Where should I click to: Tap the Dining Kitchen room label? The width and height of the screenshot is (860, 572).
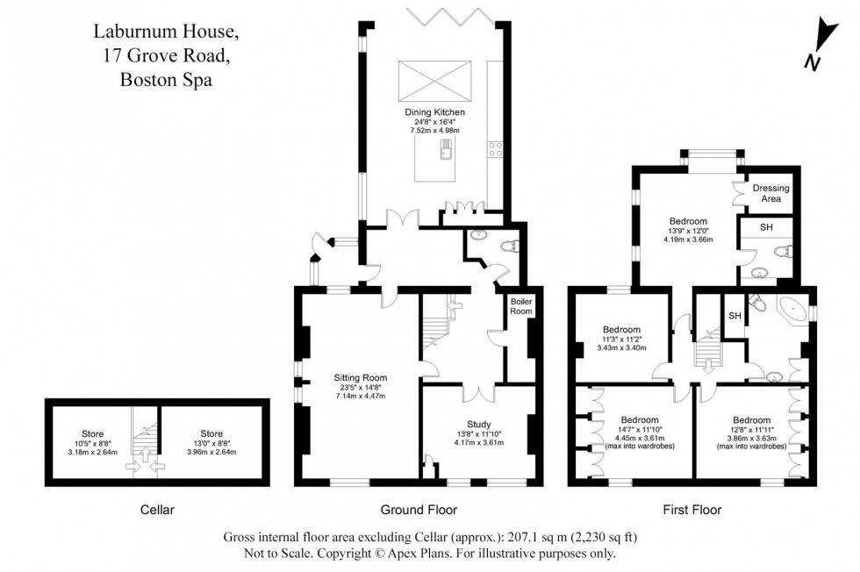pyautogui.click(x=434, y=112)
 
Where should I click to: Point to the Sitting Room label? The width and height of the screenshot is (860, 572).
pyautogui.click(x=359, y=378)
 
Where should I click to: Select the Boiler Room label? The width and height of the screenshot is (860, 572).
pyautogui.click(x=522, y=306)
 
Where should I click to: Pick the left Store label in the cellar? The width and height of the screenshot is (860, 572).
pyautogui.click(x=92, y=433)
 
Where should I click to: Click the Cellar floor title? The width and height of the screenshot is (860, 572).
pyautogui.click(x=157, y=510)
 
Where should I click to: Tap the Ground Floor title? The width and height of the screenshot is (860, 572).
pyautogui.click(x=419, y=510)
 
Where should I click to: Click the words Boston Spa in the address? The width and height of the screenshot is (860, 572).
pyautogui.click(x=166, y=79)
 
